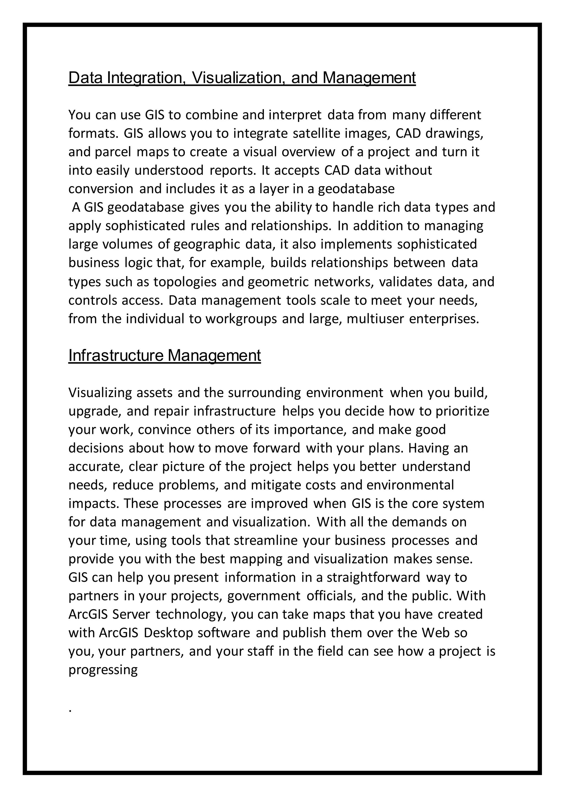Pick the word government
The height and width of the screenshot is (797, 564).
(x=264, y=596)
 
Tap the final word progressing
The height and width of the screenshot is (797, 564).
(x=103, y=670)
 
